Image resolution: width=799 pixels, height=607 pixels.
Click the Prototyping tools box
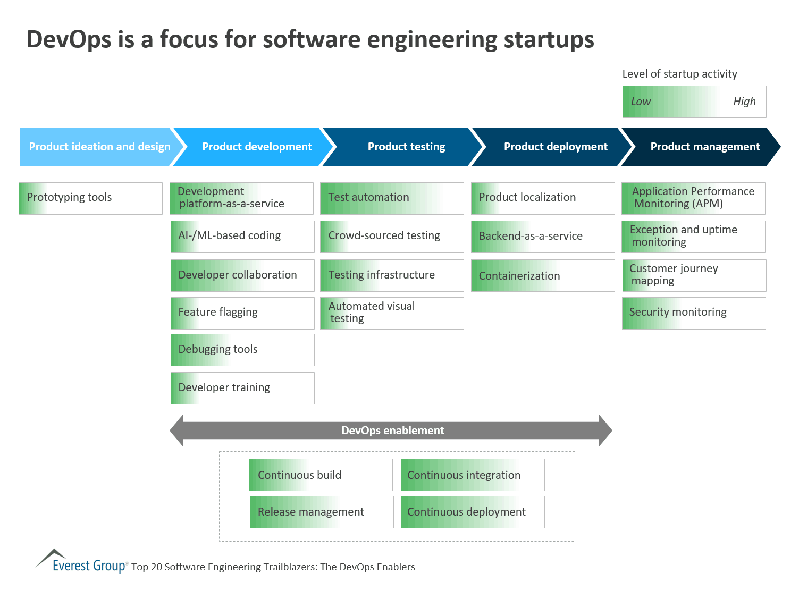(x=90, y=198)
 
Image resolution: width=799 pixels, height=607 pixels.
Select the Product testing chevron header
(x=406, y=147)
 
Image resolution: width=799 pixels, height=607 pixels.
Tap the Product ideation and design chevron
(x=99, y=147)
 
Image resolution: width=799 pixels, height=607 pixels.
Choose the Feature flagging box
(x=242, y=313)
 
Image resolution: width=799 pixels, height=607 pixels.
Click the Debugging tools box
(x=242, y=350)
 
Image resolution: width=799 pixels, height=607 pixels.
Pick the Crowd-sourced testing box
(x=392, y=237)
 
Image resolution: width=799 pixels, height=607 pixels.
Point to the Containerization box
(x=543, y=275)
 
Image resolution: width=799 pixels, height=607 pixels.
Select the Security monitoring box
(x=694, y=313)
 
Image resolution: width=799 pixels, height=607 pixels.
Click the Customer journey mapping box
(x=694, y=275)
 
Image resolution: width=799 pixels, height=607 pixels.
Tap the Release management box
(x=322, y=512)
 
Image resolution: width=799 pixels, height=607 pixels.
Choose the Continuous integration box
(x=473, y=475)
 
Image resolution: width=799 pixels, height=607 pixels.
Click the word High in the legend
(x=744, y=102)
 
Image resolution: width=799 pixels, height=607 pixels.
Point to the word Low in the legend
(x=641, y=102)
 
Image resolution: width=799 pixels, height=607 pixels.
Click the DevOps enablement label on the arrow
(x=392, y=431)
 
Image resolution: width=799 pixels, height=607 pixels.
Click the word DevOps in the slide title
(x=69, y=39)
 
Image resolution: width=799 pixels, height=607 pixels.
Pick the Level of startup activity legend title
(x=679, y=74)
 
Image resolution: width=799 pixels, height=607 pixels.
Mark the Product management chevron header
(x=704, y=147)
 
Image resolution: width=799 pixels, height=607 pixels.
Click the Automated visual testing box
(x=392, y=313)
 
